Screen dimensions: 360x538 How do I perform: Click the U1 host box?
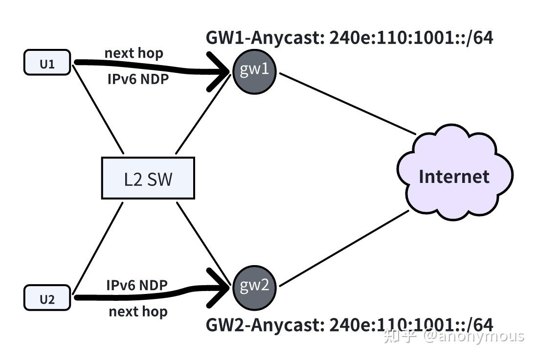coord(47,64)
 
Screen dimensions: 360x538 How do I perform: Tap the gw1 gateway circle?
coord(254,71)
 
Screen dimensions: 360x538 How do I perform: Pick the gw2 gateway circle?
coord(254,286)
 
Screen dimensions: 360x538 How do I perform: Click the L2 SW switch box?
coord(148,179)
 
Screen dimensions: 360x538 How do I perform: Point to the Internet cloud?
coord(454,176)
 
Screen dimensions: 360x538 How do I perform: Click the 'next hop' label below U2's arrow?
coord(138,312)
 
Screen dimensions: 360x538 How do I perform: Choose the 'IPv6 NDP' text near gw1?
coord(138,79)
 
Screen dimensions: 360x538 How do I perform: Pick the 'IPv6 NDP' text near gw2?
coord(137,285)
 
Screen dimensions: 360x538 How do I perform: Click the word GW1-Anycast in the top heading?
coord(263,38)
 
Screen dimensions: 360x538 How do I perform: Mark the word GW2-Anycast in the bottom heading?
coord(263,324)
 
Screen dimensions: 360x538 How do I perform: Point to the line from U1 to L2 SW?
coord(98,109)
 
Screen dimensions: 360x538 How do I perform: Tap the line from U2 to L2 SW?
coord(98,247)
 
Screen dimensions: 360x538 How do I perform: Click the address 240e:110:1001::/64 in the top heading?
coord(411,38)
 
